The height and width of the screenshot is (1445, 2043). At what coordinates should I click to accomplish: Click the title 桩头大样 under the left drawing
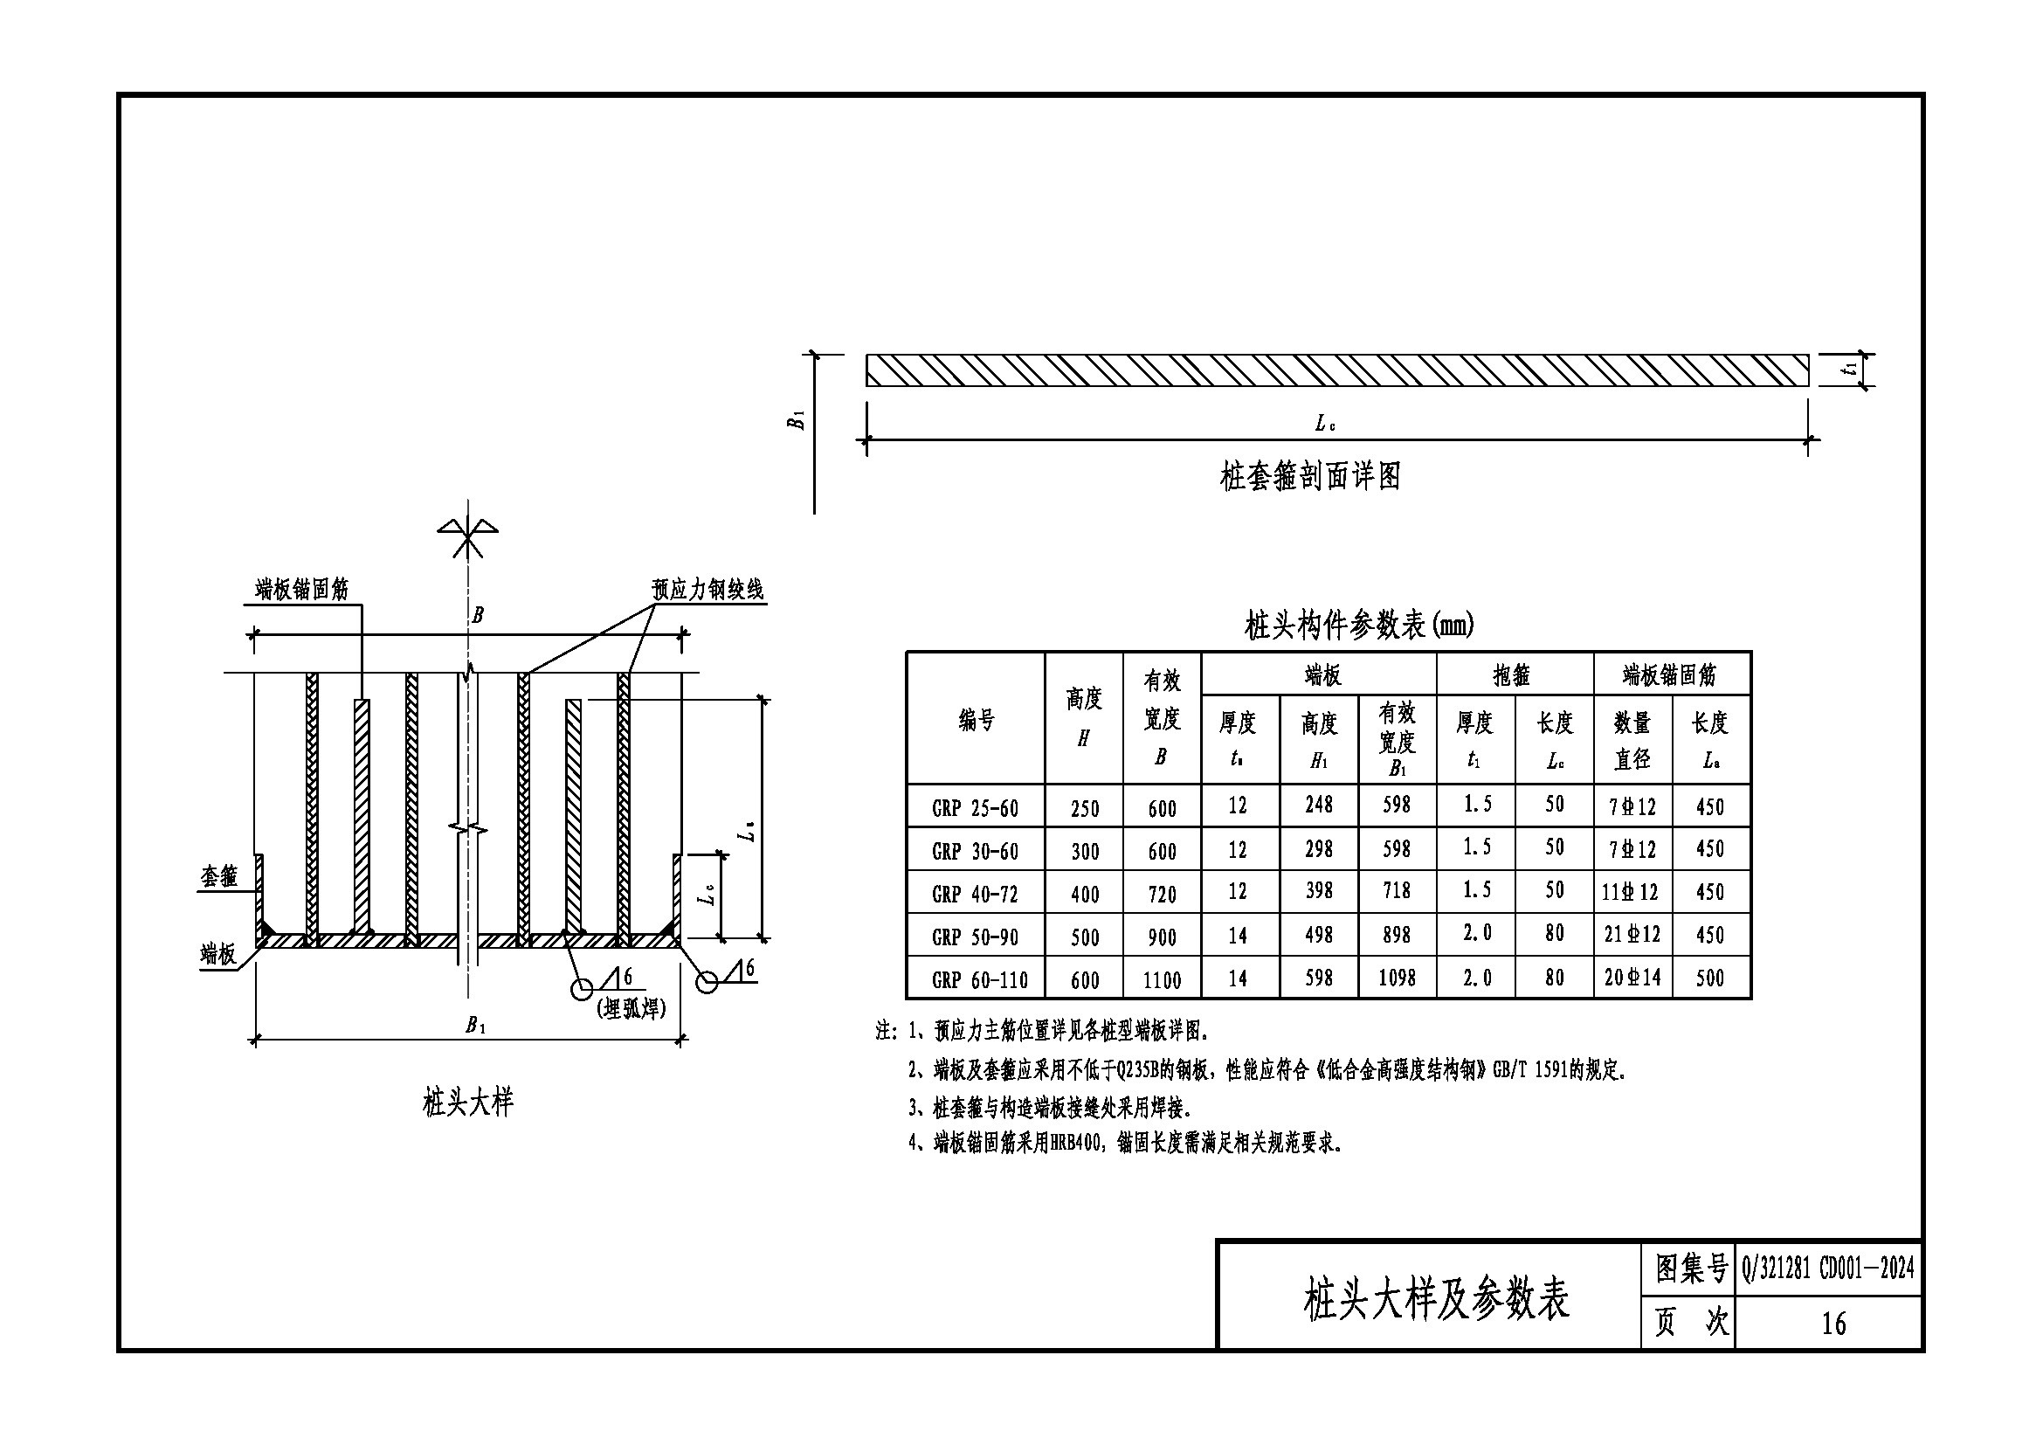pos(468,1103)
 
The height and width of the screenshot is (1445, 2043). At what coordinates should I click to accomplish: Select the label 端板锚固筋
pos(301,589)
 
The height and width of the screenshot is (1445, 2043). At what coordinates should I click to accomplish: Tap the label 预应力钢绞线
pos(707,590)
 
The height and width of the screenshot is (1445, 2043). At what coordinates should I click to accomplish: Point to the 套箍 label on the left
pos(219,876)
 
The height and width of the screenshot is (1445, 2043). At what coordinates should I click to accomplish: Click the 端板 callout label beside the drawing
pos(219,955)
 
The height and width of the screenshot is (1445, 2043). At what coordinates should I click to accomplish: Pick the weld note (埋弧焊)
pos(630,1009)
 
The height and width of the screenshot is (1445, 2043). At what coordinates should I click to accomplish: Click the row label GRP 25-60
pos(975,808)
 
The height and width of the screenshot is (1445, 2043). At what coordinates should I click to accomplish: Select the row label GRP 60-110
pos(979,979)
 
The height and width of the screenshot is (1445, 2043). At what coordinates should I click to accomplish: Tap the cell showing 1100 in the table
pos(1161,979)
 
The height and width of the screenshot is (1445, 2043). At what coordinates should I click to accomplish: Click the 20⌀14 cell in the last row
pos(1632,978)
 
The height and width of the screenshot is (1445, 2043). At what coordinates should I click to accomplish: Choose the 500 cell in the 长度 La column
pos(1709,978)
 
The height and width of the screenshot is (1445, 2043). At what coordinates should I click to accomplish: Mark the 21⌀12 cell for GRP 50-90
pos(1632,935)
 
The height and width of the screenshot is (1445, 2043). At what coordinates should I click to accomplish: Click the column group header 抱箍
pos(1511,676)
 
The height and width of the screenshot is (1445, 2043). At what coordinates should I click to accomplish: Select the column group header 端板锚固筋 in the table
pos(1669,675)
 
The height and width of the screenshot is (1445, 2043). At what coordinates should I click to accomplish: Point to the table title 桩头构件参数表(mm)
pos(1359,626)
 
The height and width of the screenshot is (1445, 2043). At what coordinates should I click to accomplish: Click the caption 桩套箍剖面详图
pos(1310,477)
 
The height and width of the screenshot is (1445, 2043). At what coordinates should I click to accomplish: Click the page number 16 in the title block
pos(1833,1323)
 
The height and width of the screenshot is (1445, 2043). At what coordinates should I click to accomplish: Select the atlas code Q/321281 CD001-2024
pos(1827,1267)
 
